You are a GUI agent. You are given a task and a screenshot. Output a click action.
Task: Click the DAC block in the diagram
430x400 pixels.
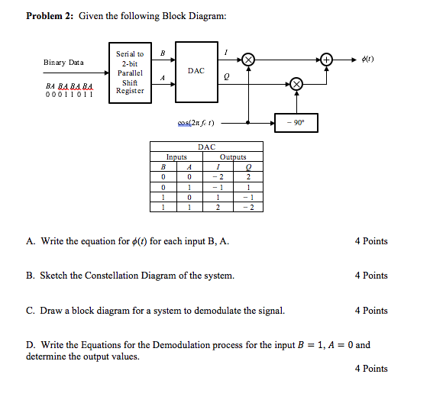pyautogui.click(x=196, y=71)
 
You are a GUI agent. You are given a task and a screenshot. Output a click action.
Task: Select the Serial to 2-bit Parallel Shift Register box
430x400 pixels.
pyautogui.click(x=129, y=72)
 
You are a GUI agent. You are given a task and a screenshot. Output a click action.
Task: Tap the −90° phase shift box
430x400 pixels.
pyautogui.click(x=296, y=122)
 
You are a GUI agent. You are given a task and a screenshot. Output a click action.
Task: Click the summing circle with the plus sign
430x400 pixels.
pyautogui.click(x=327, y=58)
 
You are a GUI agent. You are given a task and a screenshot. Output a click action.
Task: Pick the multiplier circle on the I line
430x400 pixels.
pyautogui.click(x=249, y=58)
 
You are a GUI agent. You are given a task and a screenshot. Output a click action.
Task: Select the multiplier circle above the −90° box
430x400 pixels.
pyautogui.click(x=296, y=85)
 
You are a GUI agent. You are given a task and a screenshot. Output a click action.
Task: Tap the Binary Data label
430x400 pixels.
pyautogui.click(x=63, y=63)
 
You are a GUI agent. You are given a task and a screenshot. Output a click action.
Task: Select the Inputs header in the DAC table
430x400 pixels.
pyautogui.click(x=176, y=157)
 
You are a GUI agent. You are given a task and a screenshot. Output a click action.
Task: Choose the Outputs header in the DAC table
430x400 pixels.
pyautogui.click(x=234, y=157)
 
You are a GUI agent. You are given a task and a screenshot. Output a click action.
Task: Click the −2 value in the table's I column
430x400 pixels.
pyautogui.click(x=218, y=177)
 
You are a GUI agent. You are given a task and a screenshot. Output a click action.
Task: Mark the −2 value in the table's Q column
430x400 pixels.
pyautogui.click(x=248, y=207)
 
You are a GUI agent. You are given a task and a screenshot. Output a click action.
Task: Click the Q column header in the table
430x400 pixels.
pyautogui.click(x=248, y=167)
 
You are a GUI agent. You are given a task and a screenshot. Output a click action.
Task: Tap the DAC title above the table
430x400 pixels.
pyautogui.click(x=206, y=147)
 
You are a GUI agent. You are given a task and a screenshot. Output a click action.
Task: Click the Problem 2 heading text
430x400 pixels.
pyautogui.click(x=51, y=17)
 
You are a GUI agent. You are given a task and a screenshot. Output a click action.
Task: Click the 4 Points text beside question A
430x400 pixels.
pyautogui.click(x=371, y=241)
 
